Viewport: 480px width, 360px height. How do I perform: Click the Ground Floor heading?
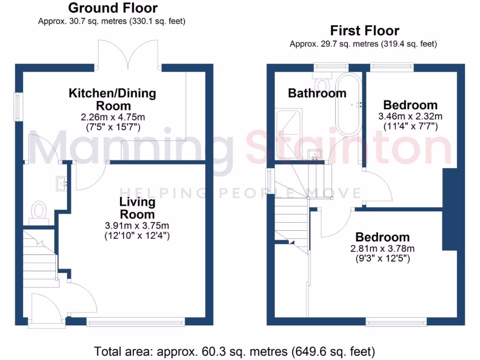[112, 8]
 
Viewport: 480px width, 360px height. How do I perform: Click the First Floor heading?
[365, 31]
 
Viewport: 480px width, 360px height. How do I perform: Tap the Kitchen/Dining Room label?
[112, 99]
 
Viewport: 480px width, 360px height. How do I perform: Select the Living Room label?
[137, 208]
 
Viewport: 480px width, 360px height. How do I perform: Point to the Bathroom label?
[317, 93]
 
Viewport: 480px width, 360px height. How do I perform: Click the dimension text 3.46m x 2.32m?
[410, 116]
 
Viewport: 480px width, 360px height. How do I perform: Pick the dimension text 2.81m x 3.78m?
[382, 248]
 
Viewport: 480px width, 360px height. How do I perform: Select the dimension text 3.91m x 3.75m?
[137, 225]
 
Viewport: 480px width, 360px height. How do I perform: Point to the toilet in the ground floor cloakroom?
[39, 210]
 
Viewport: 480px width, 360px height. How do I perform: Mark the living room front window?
[136, 322]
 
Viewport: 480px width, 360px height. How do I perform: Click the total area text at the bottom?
[234, 351]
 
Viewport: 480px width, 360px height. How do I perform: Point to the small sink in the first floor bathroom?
[314, 155]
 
